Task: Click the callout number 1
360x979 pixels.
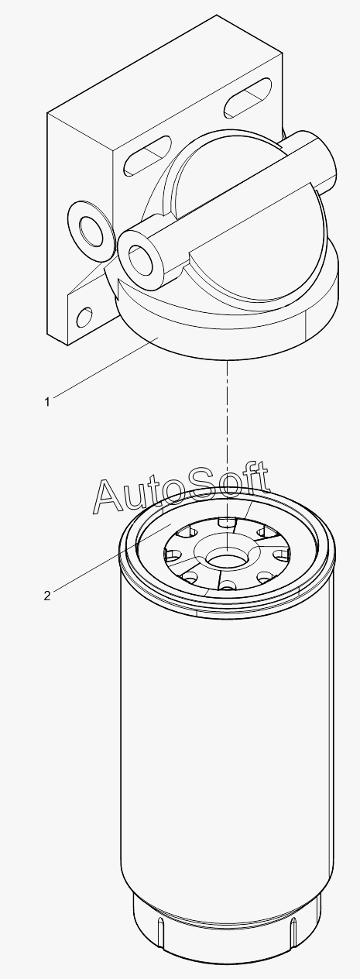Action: click(47, 402)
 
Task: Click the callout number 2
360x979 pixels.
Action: click(47, 596)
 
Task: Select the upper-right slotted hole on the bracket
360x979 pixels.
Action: click(249, 98)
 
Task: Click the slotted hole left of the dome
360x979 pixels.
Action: click(147, 156)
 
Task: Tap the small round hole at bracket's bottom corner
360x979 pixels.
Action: click(84, 317)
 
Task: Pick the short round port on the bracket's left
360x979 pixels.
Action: click(89, 227)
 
